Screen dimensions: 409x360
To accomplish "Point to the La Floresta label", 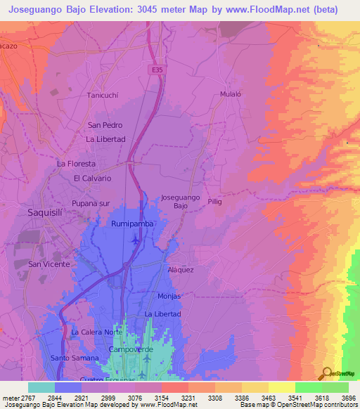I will (76, 164).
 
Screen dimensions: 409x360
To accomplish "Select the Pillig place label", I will (214, 201).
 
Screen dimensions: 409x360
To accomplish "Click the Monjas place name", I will (169, 296).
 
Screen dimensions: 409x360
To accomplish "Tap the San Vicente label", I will (49, 264).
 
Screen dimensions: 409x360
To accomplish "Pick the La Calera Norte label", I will (97, 332).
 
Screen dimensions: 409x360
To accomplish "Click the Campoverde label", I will (127, 349).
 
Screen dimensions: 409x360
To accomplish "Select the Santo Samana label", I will (75, 358).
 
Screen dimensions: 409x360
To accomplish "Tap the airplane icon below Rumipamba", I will (135, 241).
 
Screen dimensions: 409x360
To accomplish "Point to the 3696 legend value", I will (349, 398).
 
